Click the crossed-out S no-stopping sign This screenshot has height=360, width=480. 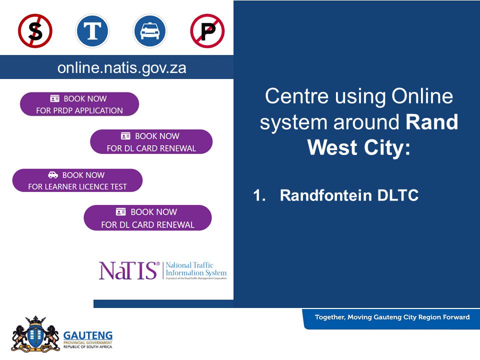click(35, 31)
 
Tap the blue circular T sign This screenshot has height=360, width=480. click(92, 31)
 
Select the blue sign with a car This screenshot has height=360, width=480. click(149, 31)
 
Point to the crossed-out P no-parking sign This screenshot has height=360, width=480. click(207, 31)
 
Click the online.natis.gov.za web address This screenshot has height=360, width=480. click(122, 68)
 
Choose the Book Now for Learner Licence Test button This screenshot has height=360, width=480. click(77, 180)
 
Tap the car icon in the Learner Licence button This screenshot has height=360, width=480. click(53, 175)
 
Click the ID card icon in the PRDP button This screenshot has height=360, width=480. click(55, 98)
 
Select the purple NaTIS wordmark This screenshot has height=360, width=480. click(129, 270)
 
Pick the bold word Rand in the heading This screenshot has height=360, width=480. click(432, 122)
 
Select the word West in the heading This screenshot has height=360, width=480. click(330, 148)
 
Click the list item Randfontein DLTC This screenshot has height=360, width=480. click(349, 195)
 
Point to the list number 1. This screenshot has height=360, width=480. click(258, 195)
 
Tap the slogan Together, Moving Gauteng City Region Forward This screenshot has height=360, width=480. click(392, 317)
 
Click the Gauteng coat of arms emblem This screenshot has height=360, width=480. click(35, 333)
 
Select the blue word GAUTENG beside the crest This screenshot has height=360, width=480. click(88, 335)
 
